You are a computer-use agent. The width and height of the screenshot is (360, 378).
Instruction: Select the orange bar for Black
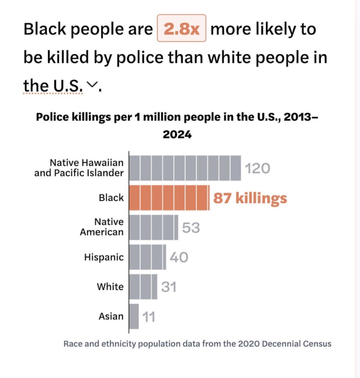pyautogui.click(x=169, y=197)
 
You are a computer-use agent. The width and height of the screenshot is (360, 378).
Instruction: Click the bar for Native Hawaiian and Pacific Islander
pyautogui.click(x=185, y=168)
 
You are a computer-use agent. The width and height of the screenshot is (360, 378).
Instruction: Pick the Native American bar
pyautogui.click(x=153, y=227)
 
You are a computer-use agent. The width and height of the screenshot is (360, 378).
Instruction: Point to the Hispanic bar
pyautogui.click(x=147, y=257)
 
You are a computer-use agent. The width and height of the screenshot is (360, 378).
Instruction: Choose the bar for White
pyautogui.click(x=143, y=287)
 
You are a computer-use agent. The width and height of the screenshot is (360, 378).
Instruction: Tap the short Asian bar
pyautogui.click(x=134, y=316)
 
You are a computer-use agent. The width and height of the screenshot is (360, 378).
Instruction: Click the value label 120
pyautogui.click(x=257, y=169)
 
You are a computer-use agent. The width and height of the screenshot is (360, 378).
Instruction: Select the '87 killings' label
pyautogui.click(x=250, y=198)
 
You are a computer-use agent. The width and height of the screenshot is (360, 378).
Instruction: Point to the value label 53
pyautogui.click(x=191, y=228)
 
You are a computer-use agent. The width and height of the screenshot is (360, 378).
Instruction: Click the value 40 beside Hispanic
pyautogui.click(x=179, y=258)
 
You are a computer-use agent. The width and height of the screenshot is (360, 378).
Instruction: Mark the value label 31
pyautogui.click(x=169, y=287)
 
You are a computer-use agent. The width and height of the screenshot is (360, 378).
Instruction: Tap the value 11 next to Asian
pyautogui.click(x=149, y=317)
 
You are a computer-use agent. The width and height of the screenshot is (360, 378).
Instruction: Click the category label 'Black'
pyautogui.click(x=111, y=197)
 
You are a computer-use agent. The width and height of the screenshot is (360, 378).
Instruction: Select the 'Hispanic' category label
pyautogui.click(x=103, y=258)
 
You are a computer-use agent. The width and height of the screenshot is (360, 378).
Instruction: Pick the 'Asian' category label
pyautogui.click(x=111, y=316)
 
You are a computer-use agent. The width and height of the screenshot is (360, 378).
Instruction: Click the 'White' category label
pyautogui.click(x=110, y=287)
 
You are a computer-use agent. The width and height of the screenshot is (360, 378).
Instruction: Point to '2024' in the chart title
pyautogui.click(x=177, y=134)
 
